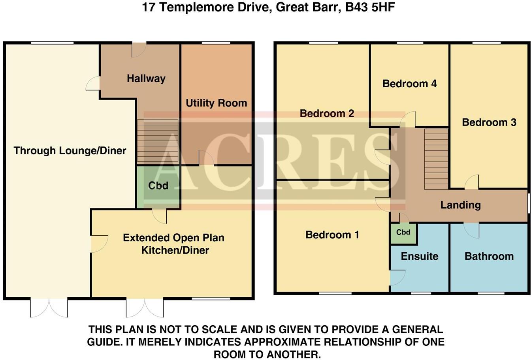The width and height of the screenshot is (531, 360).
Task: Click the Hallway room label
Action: [x=146, y=79]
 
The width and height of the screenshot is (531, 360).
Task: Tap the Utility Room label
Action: [x=216, y=103]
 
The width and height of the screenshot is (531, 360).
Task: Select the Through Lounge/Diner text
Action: [x=70, y=150]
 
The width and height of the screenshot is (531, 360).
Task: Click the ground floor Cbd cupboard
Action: [x=158, y=186]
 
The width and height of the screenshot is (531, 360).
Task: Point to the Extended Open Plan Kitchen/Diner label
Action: [x=174, y=244]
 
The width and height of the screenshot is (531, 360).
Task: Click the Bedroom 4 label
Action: [x=409, y=84]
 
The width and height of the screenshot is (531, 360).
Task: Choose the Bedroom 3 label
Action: [x=489, y=122]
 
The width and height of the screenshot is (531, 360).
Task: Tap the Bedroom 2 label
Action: [x=327, y=114]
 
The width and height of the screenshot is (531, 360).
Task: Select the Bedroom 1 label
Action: [x=332, y=235]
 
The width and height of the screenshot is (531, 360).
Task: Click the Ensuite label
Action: [x=419, y=256]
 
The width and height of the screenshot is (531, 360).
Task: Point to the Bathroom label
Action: [x=489, y=256]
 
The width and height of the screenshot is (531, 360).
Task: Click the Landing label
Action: [x=460, y=205]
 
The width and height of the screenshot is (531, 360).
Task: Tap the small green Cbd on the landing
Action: [x=403, y=233]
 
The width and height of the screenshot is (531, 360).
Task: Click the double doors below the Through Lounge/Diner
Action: [x=49, y=307]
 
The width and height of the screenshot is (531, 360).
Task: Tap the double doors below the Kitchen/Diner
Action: [x=145, y=307]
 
